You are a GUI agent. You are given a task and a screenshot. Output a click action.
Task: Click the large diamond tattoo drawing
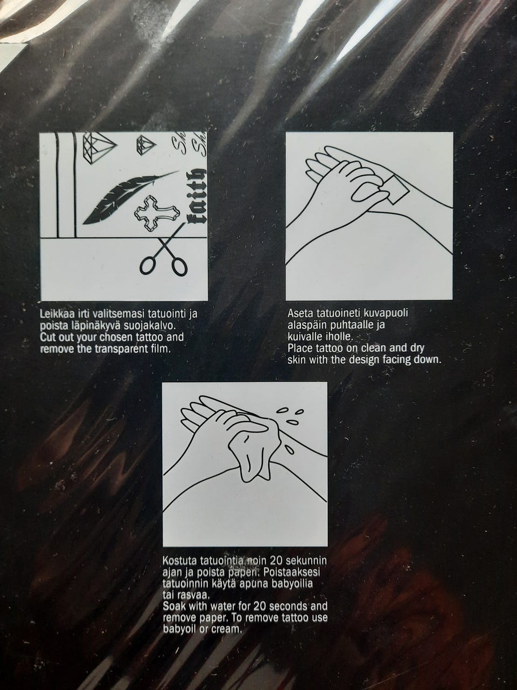(99, 148)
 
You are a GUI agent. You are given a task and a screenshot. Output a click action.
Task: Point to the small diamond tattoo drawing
(145, 143)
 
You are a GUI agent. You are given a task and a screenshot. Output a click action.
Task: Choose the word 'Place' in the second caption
(300, 348)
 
